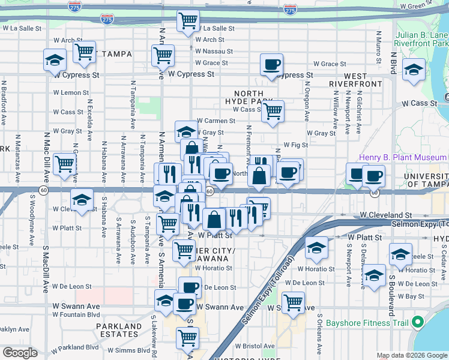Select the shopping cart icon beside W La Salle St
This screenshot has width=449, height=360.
pyautogui.click(x=188, y=21)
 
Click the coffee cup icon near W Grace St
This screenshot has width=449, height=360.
pyautogui.click(x=271, y=64)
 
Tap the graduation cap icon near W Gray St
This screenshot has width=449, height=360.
pyautogui.click(x=186, y=131)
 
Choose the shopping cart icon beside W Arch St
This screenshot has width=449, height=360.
pyautogui.click(x=84, y=52)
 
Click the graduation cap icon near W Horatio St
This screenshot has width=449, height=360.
pyautogui.click(x=316, y=247)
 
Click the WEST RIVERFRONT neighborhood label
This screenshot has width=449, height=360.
pyautogui.click(x=355, y=80)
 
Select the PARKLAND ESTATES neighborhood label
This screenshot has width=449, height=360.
pyautogui.click(x=119, y=330)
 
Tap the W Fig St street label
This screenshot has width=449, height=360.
pyautogui.click(x=295, y=145)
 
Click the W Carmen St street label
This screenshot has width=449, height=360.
pyautogui.click(x=215, y=121)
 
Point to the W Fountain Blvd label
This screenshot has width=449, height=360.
pyautogui.click(x=76, y=314)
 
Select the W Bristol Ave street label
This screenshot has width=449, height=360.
pyautogui.click(x=255, y=346)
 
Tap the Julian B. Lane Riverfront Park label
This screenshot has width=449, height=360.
pyautogui.click(x=422, y=38)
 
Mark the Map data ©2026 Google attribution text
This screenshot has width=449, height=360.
pyautogui.click(x=412, y=355)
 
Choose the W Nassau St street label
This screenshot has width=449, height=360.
pyautogui.click(x=214, y=51)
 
